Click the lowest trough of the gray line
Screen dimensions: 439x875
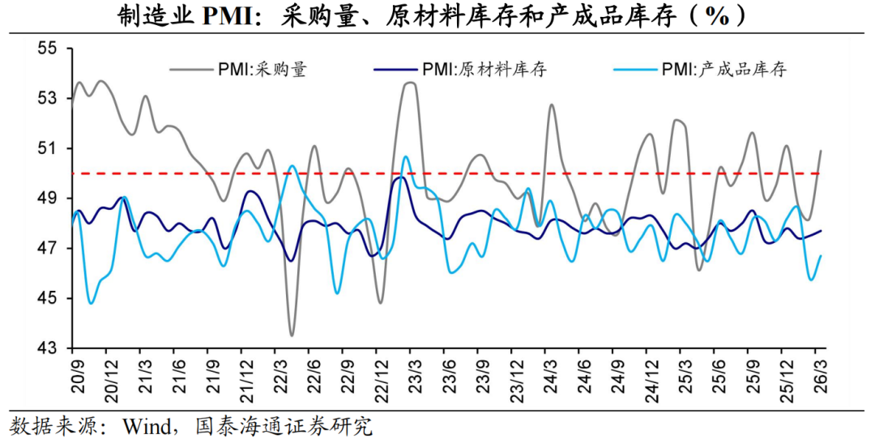(292, 335)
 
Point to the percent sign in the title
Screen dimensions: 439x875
(718, 15)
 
